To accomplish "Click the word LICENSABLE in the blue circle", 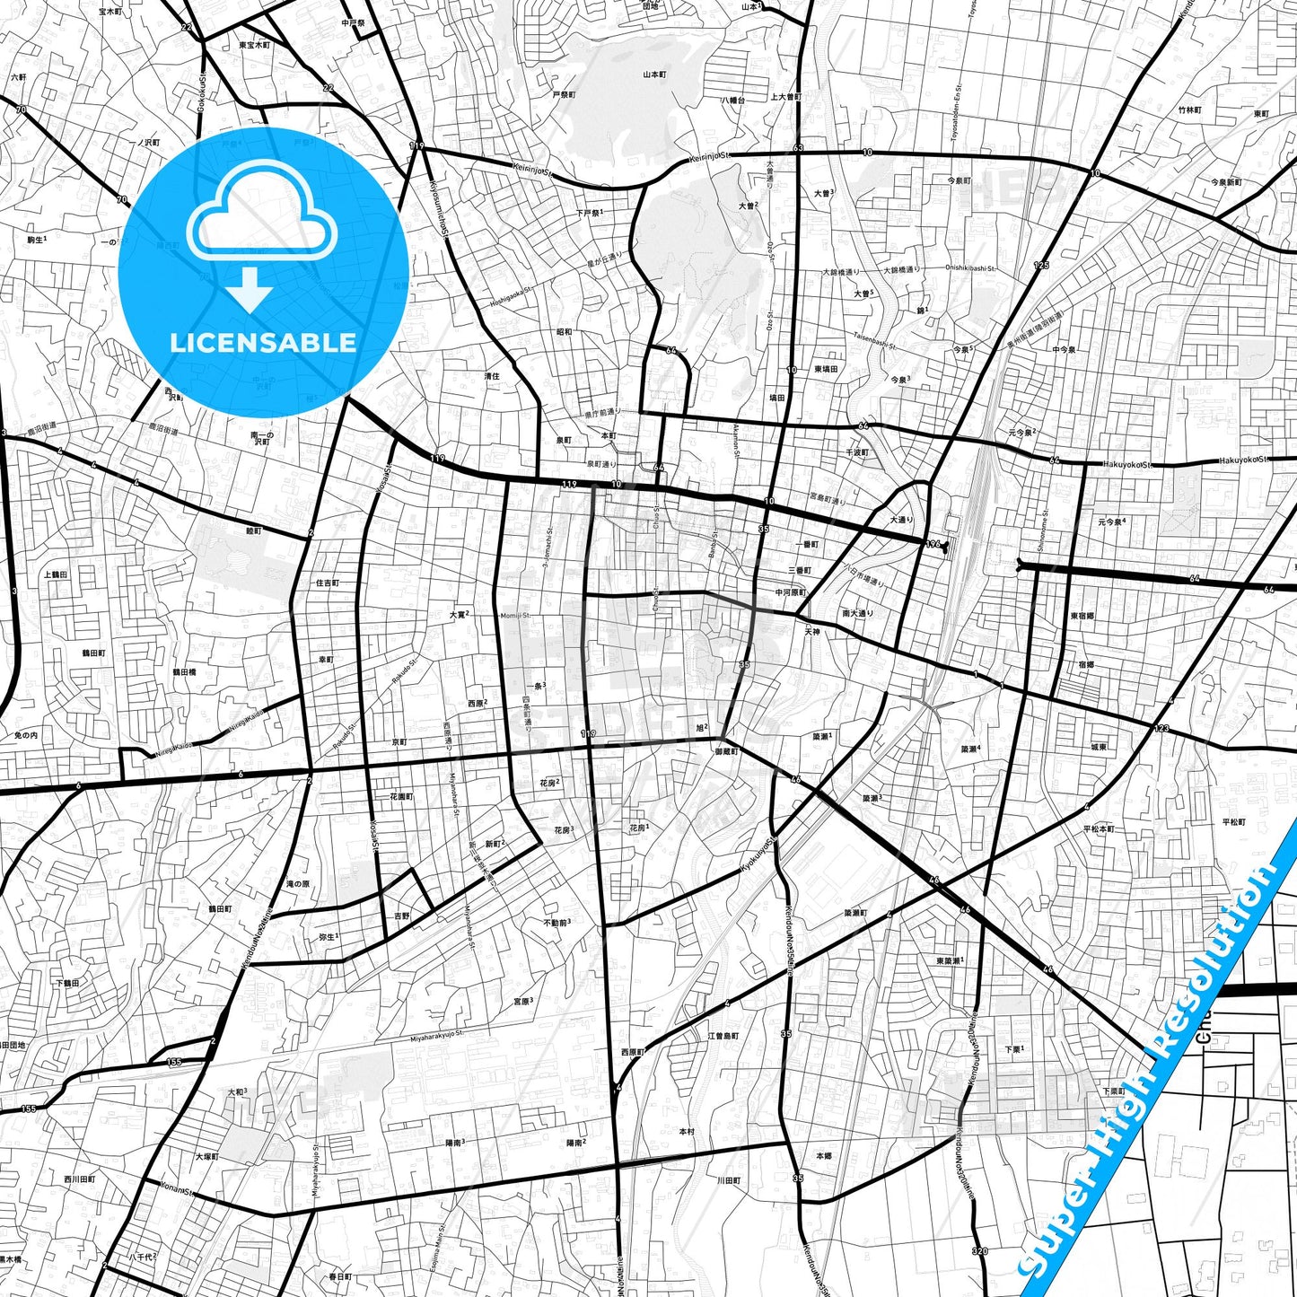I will point(263,342).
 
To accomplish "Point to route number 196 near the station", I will point(933,544).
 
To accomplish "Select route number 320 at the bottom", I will point(979,1251).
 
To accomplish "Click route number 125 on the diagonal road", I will point(1040,266).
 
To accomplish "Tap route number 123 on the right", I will point(1162,728).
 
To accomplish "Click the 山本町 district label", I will point(654,75).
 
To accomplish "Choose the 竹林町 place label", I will point(1189,110).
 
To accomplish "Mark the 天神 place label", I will point(812,632).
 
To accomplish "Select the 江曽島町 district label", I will point(723,1036).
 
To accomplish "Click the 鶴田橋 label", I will point(184,671).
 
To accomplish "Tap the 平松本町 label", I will point(1098,829).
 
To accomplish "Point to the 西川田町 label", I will point(79,1179).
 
